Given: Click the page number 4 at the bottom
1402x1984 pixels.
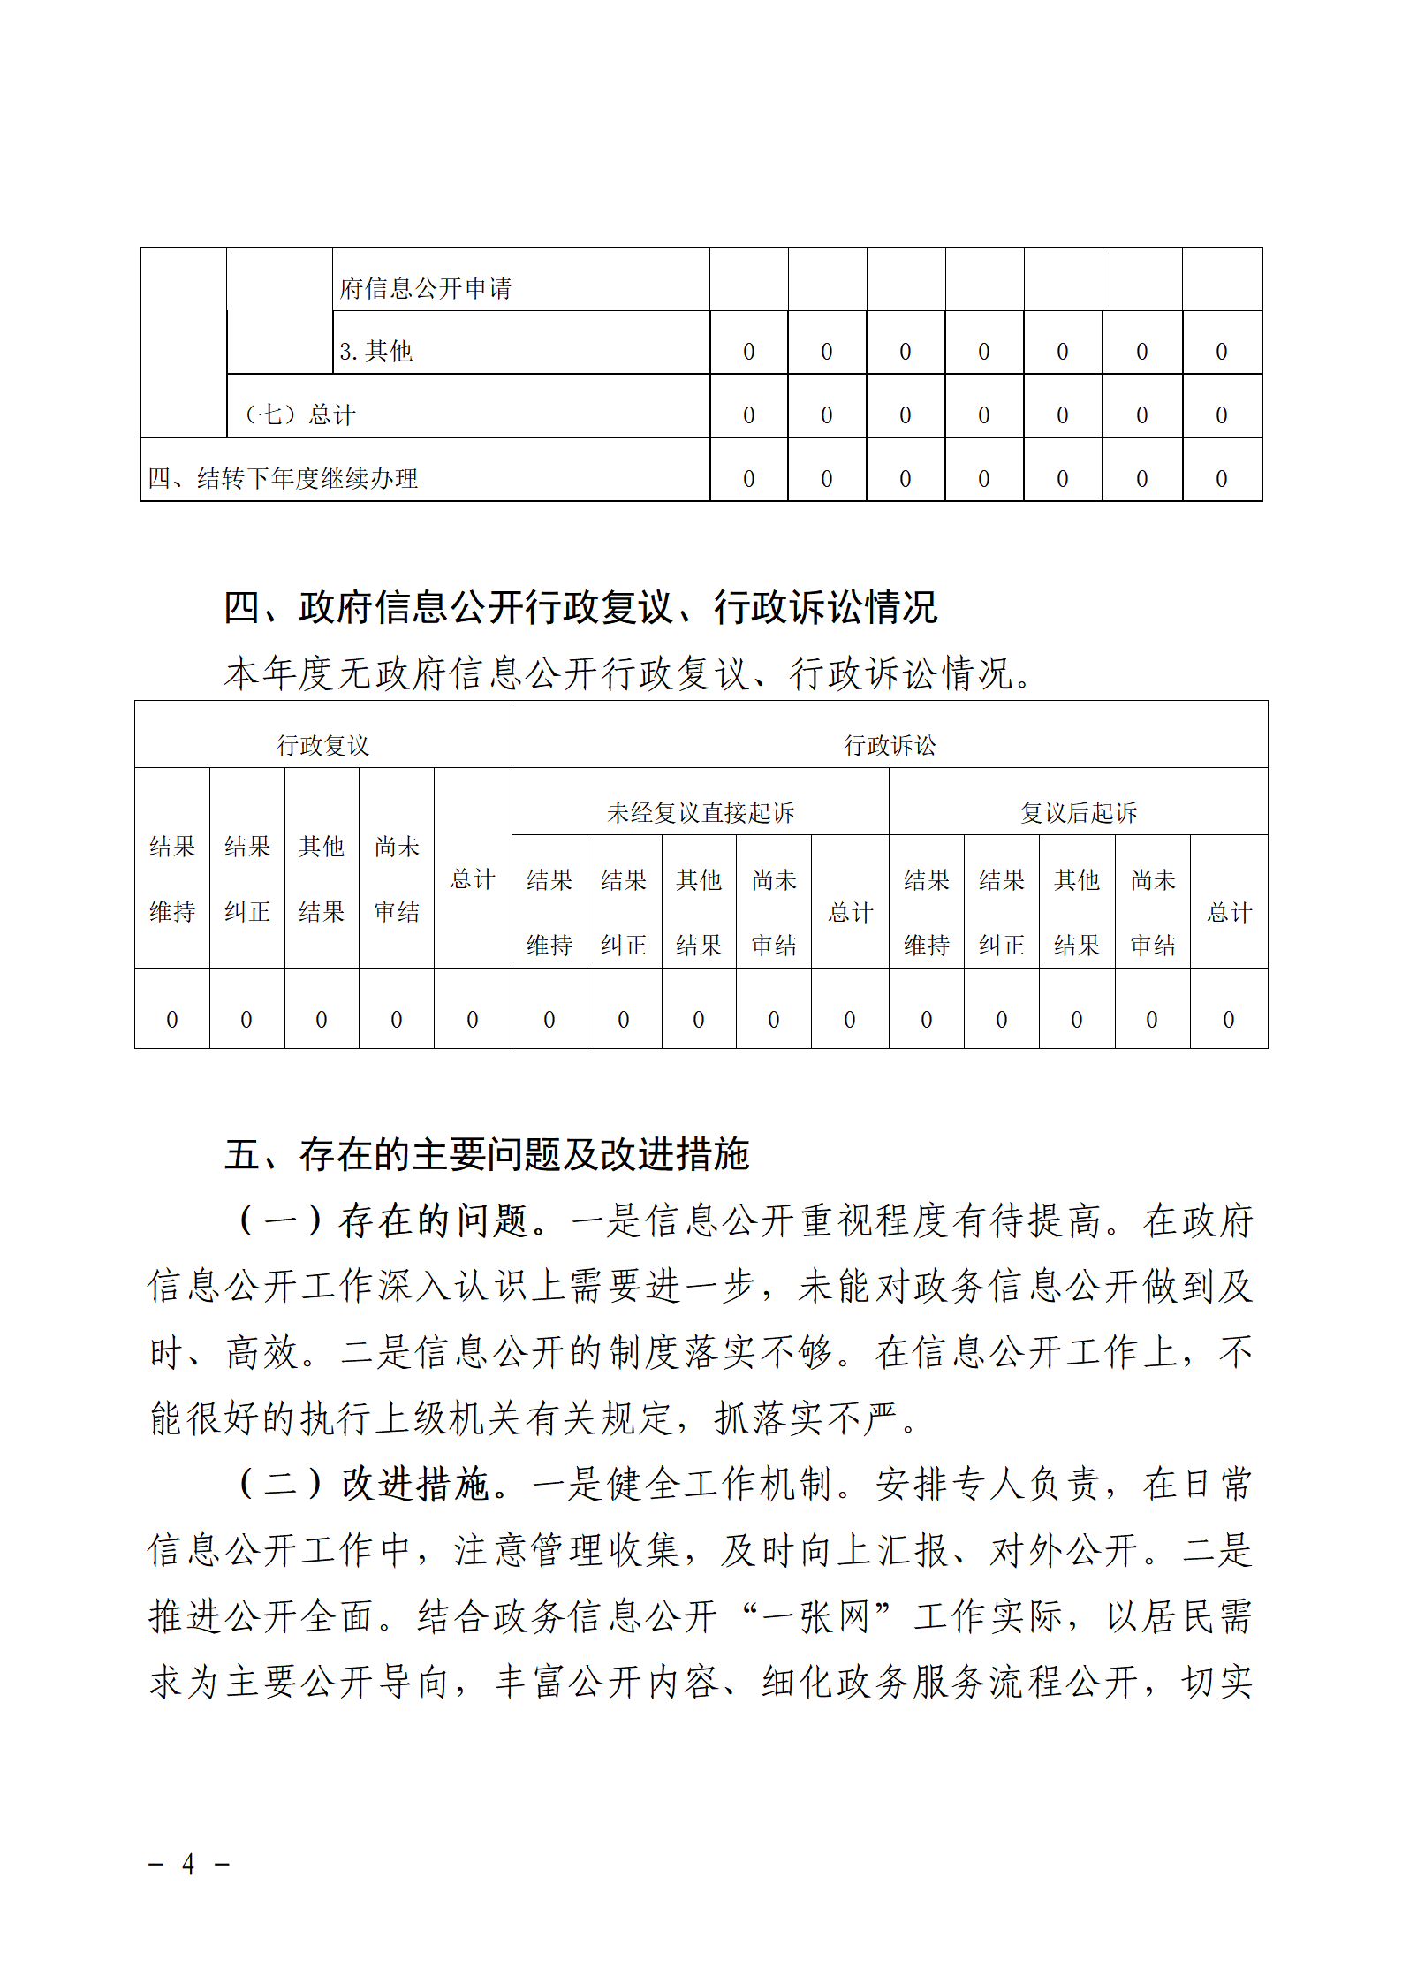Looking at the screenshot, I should (x=188, y=1864).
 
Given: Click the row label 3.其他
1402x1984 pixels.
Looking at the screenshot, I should (x=375, y=352).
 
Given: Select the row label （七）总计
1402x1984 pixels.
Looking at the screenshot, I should (x=299, y=414).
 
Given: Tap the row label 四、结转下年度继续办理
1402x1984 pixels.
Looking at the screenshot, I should (x=283, y=478).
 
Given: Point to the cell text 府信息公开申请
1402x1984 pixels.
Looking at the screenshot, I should (x=425, y=288).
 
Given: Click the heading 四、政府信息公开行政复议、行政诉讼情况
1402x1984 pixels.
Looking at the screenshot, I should (x=580, y=608).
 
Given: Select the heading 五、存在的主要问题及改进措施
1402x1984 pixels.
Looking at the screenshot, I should (x=486, y=1154).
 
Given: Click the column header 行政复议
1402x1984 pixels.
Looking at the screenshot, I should (x=322, y=745).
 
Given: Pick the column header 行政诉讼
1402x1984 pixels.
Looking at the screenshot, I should (x=890, y=745).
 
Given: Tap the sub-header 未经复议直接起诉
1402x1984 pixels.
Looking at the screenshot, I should (x=701, y=812).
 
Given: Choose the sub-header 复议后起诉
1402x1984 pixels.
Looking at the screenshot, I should (x=1079, y=812).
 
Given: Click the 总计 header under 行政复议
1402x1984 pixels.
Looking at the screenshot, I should (x=473, y=878).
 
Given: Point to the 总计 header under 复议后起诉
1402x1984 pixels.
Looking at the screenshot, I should (x=1230, y=912).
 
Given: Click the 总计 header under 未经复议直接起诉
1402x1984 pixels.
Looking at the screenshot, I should (x=850, y=912).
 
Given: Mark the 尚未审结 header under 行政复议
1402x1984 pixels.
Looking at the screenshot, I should (x=397, y=878).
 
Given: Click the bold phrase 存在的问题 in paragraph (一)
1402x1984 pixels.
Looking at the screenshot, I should (x=433, y=1220).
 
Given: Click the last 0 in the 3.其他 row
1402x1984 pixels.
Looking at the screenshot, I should (x=1222, y=352).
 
